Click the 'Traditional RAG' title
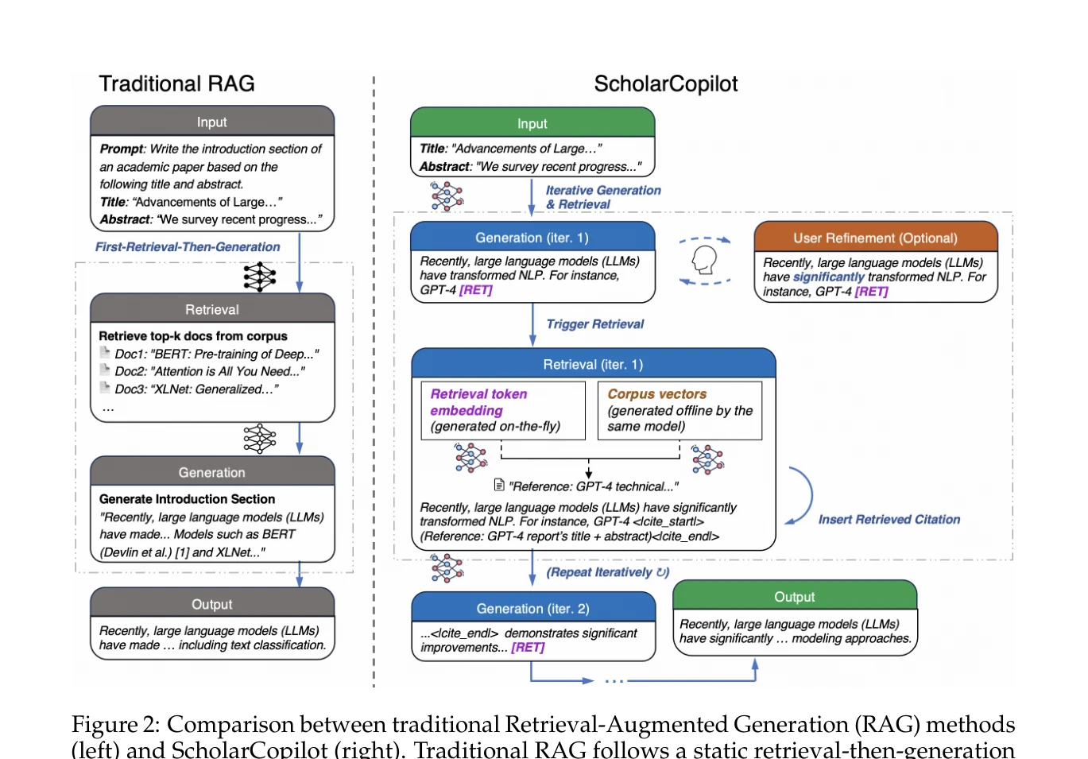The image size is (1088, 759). tap(176, 83)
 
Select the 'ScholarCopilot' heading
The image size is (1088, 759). tap(666, 84)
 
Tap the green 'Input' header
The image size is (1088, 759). tap(532, 122)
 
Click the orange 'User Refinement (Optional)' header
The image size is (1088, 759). tap(875, 237)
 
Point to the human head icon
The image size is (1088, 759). tap(704, 260)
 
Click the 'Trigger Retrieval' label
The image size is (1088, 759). tap(595, 324)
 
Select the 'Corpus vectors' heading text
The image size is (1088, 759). tap(656, 394)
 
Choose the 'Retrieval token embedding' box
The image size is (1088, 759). tap(503, 410)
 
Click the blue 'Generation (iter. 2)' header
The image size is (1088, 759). tap(533, 607)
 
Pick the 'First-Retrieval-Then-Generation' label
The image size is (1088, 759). tap(188, 246)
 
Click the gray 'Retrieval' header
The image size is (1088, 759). tap(212, 309)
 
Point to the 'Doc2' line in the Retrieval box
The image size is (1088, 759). tap(209, 371)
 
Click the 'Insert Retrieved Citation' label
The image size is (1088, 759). tap(889, 520)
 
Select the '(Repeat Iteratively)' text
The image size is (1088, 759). tap(608, 572)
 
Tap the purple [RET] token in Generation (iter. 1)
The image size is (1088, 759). tap(476, 290)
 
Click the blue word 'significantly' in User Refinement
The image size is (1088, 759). tap(829, 277)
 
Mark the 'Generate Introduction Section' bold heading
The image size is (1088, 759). tap(187, 499)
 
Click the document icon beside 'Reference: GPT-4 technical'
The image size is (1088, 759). tap(499, 485)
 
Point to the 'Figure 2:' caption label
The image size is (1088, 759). tap(115, 725)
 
